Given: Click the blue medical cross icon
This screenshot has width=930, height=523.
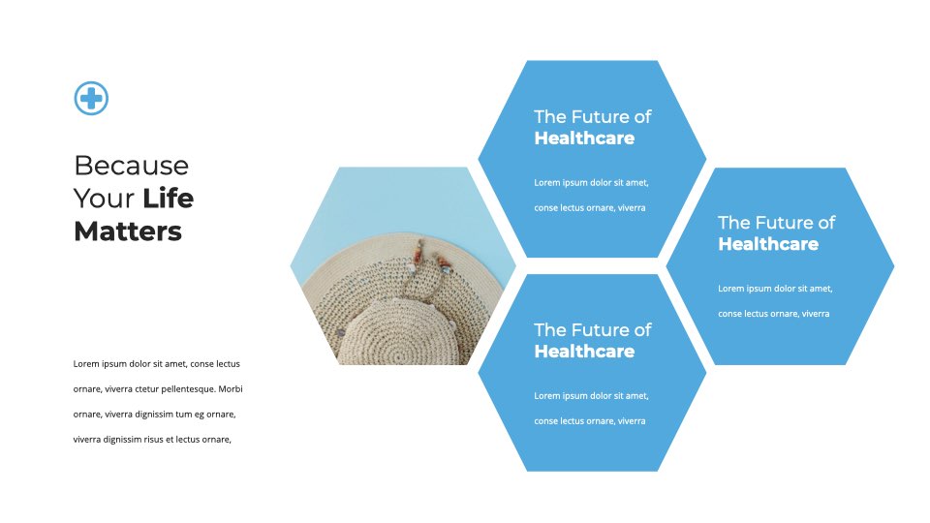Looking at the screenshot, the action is (x=91, y=98).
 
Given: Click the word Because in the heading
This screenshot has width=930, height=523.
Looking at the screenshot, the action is (x=131, y=166).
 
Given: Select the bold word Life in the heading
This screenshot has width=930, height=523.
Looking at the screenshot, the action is (x=168, y=198).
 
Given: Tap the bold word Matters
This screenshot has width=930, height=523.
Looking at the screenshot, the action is (x=128, y=231).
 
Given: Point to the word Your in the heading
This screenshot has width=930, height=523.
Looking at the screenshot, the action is (x=104, y=199).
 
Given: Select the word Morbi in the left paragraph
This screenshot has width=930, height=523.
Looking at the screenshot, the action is (x=231, y=389).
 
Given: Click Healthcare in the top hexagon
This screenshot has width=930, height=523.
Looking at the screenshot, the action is (x=584, y=138).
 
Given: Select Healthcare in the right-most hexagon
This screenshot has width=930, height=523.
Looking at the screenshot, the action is (x=768, y=244).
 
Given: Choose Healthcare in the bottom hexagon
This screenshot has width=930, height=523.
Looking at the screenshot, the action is (x=584, y=351).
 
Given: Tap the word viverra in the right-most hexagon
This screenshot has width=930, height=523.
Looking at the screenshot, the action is (x=816, y=314).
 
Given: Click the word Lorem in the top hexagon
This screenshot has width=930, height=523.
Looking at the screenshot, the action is (x=546, y=183).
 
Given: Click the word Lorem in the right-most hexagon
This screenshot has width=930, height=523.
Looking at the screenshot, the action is (x=730, y=289).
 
